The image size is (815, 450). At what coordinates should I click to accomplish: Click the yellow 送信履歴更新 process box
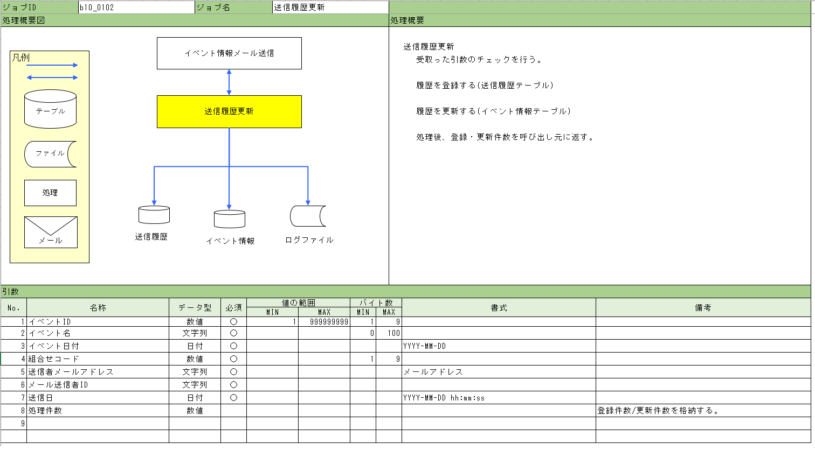tap(229, 111)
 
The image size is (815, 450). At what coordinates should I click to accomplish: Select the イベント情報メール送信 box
tap(229, 53)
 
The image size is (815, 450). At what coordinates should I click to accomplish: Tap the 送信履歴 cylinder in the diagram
tap(154, 215)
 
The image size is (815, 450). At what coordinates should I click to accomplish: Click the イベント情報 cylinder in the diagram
tap(230, 219)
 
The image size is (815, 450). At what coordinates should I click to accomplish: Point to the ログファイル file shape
tap(308, 216)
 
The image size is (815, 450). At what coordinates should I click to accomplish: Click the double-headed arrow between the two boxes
tap(229, 82)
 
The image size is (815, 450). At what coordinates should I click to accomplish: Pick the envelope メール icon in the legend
tap(51, 233)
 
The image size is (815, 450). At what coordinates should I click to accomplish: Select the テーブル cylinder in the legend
tap(50, 109)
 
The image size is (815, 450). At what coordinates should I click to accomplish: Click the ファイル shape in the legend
tap(50, 154)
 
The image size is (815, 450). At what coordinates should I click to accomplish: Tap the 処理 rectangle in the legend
tap(50, 193)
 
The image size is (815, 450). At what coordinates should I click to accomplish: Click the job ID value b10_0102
tap(97, 7)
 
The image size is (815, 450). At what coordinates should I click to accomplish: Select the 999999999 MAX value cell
tap(324, 322)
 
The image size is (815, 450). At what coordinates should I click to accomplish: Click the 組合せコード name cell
tap(98, 359)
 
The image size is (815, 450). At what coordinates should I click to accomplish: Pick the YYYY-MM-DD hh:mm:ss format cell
tap(499, 398)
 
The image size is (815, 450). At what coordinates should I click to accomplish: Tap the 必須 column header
tap(233, 308)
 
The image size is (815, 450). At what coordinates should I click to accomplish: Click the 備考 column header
tap(703, 308)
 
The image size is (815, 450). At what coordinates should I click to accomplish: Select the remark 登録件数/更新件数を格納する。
tap(658, 410)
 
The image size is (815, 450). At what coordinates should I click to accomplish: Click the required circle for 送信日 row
tap(233, 398)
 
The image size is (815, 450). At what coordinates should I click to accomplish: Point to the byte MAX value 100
tap(393, 333)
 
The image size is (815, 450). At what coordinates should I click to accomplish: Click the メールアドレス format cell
tap(499, 372)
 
